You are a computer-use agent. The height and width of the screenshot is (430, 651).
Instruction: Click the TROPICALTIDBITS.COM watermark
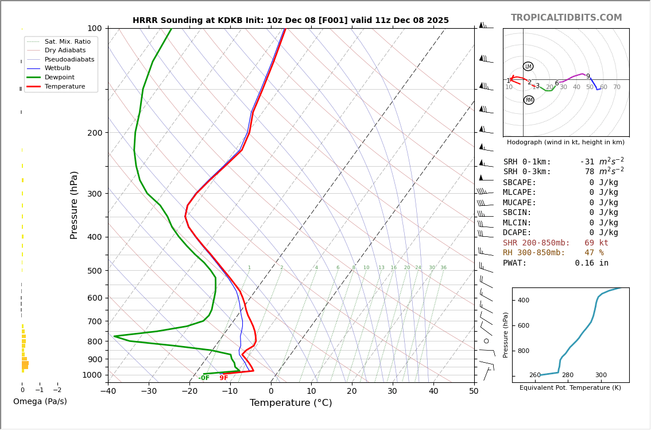tap(566, 18)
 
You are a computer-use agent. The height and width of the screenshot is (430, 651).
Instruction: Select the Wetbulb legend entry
tap(57, 68)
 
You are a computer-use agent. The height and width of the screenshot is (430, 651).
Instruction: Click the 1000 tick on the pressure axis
tap(92, 375)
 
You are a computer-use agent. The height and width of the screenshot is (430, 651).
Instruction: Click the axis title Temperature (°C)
tap(290, 403)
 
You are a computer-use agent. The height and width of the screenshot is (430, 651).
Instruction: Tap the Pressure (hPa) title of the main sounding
tap(74, 205)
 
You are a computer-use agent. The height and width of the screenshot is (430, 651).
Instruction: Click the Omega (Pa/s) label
tap(40, 401)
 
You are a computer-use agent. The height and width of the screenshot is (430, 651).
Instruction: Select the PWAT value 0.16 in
tap(591, 263)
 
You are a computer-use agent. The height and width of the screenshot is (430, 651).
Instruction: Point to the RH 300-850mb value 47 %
tap(594, 253)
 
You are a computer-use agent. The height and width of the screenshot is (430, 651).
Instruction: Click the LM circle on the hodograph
tap(528, 67)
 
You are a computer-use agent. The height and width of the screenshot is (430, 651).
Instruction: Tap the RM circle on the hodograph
tap(529, 100)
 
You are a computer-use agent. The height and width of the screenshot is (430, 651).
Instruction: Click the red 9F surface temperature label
tap(223, 378)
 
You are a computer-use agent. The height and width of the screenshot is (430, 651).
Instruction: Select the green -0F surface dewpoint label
tap(204, 378)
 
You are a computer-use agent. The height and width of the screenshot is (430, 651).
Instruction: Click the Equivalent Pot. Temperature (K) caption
tap(570, 387)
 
